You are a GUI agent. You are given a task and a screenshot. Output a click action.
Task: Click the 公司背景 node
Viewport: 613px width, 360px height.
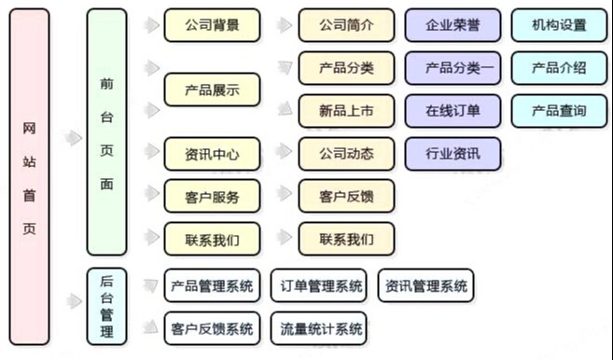(x=212, y=25)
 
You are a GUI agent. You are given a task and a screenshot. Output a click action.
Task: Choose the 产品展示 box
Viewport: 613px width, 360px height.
(x=212, y=90)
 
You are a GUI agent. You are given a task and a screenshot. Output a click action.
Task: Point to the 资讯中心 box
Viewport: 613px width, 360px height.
(x=212, y=154)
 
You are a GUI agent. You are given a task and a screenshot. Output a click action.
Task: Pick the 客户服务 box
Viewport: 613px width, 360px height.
(x=212, y=196)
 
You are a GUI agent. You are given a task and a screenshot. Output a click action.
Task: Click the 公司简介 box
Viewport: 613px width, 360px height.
(x=346, y=25)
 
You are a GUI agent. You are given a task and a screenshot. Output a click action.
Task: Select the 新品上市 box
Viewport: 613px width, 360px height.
(x=346, y=111)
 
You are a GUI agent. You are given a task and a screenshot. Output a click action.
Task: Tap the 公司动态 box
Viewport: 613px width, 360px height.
(x=346, y=154)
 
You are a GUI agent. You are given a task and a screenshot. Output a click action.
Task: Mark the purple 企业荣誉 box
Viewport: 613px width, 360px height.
(x=453, y=25)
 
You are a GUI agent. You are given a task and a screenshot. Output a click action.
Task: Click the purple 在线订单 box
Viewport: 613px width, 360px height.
(x=453, y=111)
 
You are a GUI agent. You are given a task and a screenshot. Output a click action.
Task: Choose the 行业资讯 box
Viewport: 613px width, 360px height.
(x=453, y=154)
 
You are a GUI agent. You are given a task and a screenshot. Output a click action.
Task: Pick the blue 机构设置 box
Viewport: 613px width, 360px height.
(x=559, y=25)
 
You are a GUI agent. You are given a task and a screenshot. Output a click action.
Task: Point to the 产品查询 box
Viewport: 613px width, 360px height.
(x=559, y=111)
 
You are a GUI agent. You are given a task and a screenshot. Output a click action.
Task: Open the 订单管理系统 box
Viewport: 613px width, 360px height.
(x=317, y=286)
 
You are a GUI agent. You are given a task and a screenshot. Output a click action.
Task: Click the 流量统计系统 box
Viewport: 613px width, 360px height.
(x=317, y=328)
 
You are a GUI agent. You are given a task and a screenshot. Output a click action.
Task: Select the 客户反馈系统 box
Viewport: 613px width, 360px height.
(x=212, y=328)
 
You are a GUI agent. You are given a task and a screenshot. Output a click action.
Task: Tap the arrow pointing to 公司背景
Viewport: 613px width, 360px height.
(x=148, y=25)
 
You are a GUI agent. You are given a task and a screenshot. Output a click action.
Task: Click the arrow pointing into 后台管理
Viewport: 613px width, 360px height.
(x=72, y=300)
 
